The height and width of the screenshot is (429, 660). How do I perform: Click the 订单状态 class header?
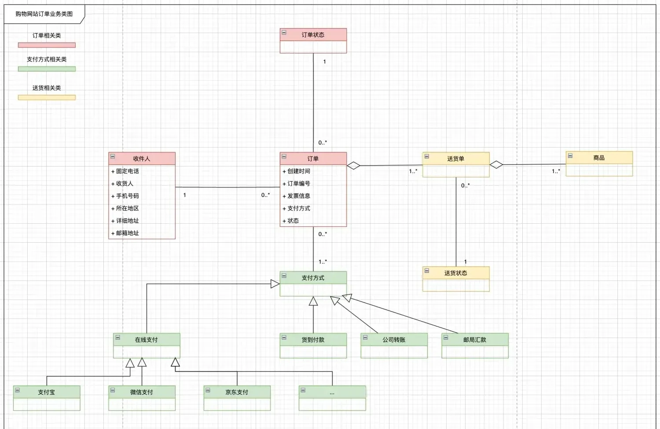(313, 35)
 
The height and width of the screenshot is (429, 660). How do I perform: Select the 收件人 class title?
(142, 159)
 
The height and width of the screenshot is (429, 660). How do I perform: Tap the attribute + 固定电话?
(125, 171)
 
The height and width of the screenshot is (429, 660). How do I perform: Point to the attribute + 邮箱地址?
(125, 233)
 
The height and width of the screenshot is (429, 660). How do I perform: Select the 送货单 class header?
(455, 159)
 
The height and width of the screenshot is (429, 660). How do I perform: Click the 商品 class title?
(599, 158)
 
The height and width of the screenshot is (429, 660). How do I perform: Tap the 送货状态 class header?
(455, 273)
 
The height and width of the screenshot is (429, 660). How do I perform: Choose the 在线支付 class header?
(146, 340)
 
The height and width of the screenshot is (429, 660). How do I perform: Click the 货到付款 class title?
(313, 340)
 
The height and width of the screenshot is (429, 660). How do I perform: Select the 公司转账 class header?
(394, 340)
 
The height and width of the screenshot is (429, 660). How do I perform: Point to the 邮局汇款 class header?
(475, 340)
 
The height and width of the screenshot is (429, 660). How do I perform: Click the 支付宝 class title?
(46, 392)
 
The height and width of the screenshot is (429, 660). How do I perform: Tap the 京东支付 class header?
(237, 392)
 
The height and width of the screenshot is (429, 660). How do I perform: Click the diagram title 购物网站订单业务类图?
(44, 14)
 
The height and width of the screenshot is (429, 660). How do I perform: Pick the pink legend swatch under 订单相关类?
(47, 45)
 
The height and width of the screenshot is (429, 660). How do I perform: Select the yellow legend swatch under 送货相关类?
(47, 97)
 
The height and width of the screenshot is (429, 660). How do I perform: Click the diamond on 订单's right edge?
(353, 166)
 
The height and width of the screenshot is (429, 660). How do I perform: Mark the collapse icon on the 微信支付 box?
(113, 390)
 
